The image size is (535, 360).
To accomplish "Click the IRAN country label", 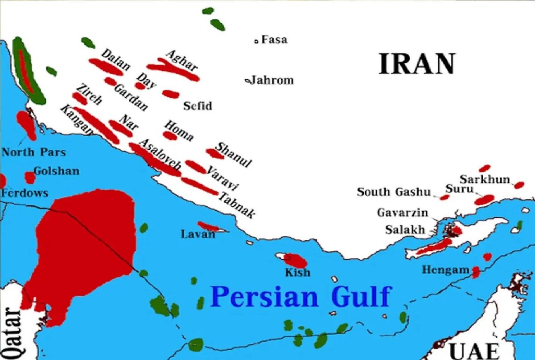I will point(417,64).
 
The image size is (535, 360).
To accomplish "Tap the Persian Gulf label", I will point(301,297).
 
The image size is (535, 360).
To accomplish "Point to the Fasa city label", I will point(274,40).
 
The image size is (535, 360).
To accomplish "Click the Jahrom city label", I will point(271,81).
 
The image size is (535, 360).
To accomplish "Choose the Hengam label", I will point(445,270).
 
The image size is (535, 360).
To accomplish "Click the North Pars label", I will point(33,152).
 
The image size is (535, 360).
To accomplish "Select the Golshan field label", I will point(56,171).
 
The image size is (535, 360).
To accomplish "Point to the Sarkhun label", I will point(485,180).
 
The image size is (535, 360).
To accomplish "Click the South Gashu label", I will point(394,192).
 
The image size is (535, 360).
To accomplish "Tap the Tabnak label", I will point(237,205).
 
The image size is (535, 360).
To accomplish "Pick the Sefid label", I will point(198,106).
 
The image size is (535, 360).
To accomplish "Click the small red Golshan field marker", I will point(30,177).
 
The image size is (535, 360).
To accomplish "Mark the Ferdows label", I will point(25,193).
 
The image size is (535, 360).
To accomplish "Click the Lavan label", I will point(198,234).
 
